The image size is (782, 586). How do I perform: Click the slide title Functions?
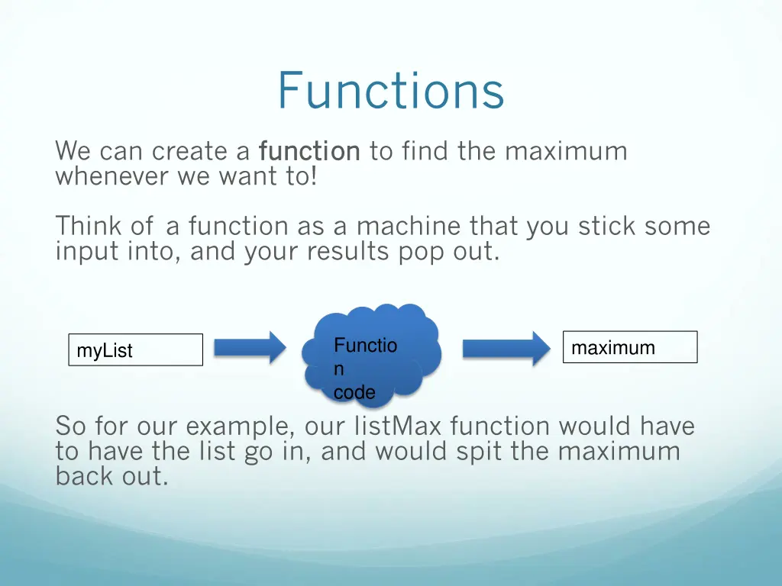(x=390, y=91)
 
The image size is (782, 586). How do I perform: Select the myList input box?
(x=135, y=350)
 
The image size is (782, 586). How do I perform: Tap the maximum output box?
(x=629, y=347)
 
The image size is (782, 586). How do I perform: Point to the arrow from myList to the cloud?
(x=249, y=348)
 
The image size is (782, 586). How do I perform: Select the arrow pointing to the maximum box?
(x=506, y=348)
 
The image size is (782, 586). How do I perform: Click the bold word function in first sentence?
(x=309, y=152)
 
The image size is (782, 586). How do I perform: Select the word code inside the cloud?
(x=354, y=393)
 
